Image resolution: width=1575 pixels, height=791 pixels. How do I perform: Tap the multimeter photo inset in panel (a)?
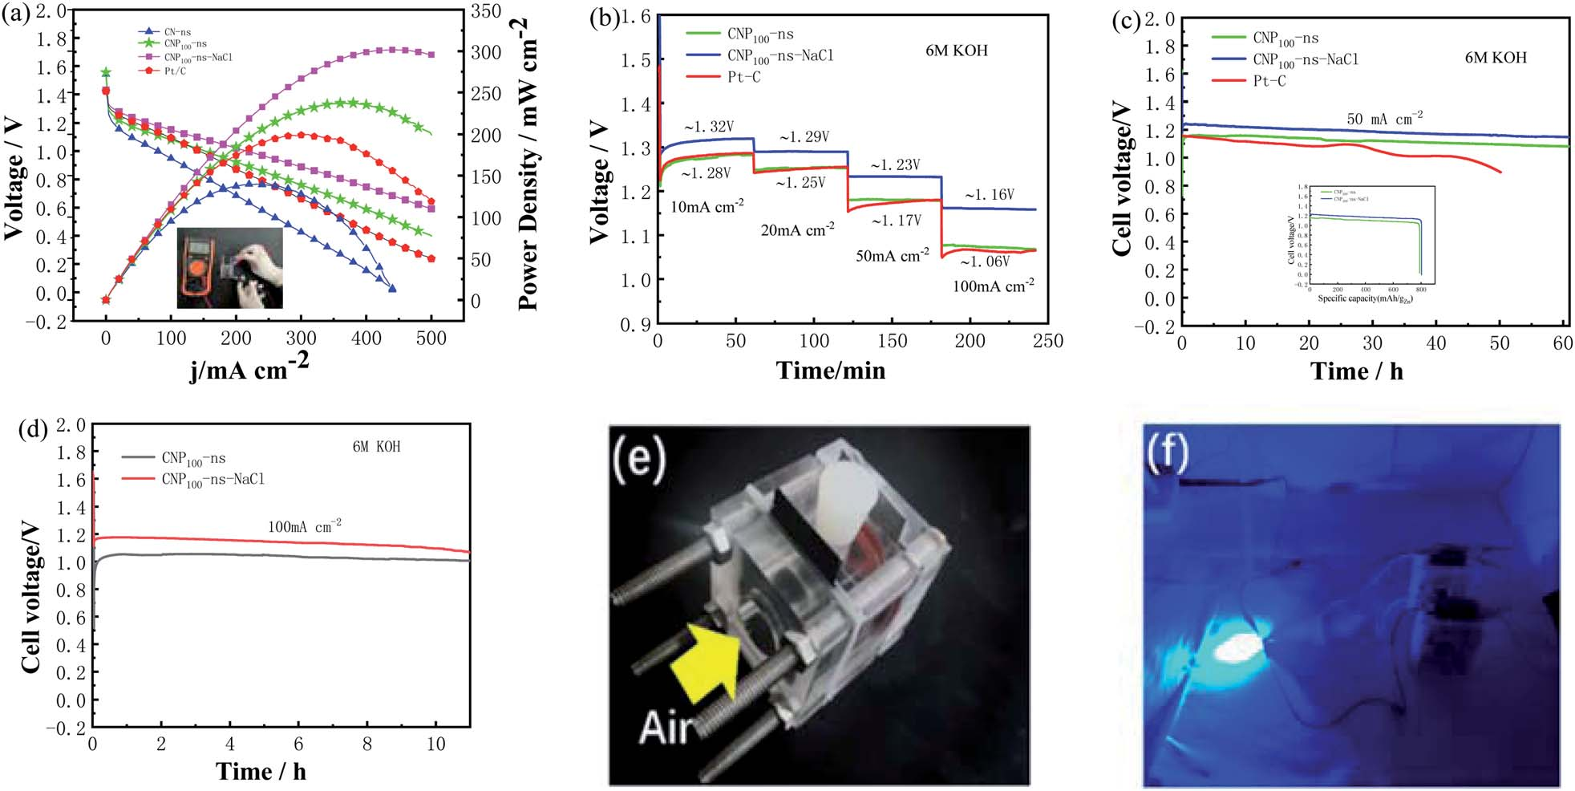click(x=229, y=268)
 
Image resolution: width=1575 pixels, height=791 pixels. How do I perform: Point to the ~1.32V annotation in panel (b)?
click(x=708, y=127)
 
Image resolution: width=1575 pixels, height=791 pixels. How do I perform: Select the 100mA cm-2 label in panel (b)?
click(x=993, y=286)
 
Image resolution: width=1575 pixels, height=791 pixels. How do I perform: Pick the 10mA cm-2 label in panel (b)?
click(x=707, y=206)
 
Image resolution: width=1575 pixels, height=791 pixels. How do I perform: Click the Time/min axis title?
click(x=830, y=370)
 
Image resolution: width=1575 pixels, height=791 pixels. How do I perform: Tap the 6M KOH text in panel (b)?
click(x=957, y=51)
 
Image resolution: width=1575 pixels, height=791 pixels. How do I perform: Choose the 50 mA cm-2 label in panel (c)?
click(x=1384, y=119)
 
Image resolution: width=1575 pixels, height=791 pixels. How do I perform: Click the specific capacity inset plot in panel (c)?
click(x=1363, y=245)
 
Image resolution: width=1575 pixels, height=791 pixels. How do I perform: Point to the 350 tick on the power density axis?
click(x=485, y=11)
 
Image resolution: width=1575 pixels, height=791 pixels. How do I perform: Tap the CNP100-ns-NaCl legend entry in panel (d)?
click(x=213, y=479)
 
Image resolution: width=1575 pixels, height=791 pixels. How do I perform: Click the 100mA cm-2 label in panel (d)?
click(x=305, y=527)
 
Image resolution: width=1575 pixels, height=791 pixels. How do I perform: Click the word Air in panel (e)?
click(x=665, y=728)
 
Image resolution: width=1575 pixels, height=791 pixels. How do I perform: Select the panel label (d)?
click(x=33, y=428)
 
